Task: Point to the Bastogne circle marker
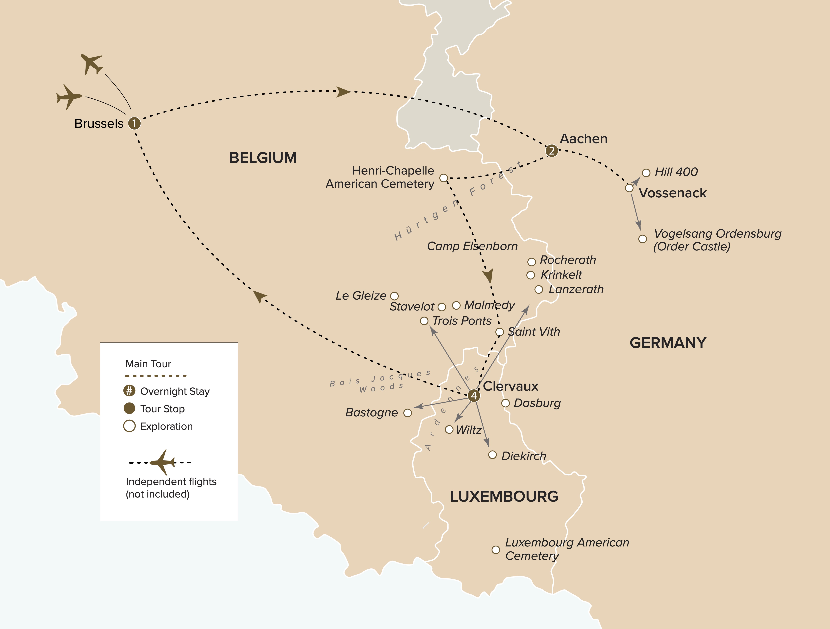[407, 413]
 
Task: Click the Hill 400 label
[676, 172]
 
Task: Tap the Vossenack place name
[672, 193]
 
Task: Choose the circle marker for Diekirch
[492, 455]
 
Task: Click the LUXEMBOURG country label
[504, 496]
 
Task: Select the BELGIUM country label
[263, 158]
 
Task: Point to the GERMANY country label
[668, 343]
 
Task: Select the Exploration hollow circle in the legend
[129, 426]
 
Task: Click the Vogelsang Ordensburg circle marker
[642, 239]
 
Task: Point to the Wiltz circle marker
[449, 430]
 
